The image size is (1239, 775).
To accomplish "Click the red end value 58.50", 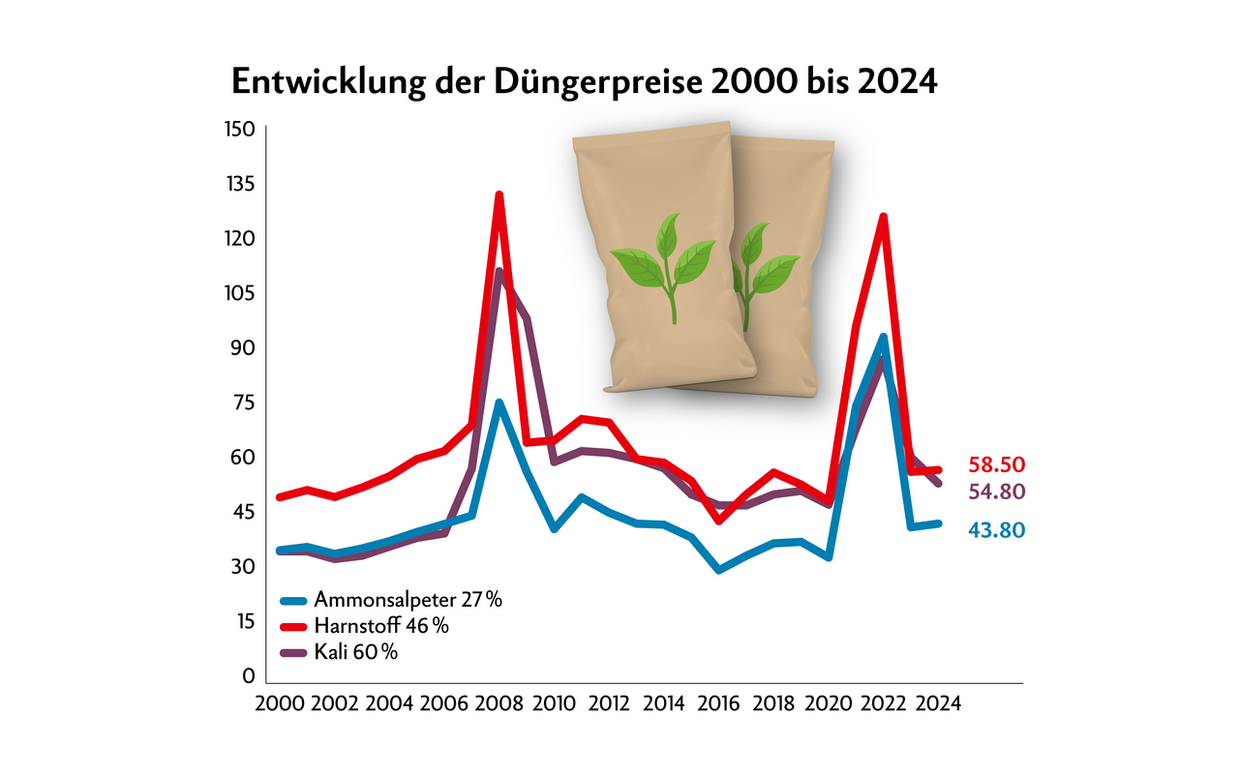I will coord(996,463).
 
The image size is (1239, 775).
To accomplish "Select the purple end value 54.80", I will coord(996,492).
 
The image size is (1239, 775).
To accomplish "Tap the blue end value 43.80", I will coord(996,529).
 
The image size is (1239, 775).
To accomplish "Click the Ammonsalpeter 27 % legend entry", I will coord(408,600).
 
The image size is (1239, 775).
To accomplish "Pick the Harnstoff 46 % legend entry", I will coord(380,626).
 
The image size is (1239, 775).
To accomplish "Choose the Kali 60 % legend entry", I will coord(355,652).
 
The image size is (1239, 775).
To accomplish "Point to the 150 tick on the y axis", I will coord(239,129).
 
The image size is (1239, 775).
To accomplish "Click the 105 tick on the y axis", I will coord(239,292).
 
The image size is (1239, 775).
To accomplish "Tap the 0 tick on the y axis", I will coord(249,674).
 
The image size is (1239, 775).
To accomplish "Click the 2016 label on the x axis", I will coord(718,703).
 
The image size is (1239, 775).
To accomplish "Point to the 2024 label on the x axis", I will coord(938,703).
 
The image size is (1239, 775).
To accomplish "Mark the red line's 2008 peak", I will coord(499,195).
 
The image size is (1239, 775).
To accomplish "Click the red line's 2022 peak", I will coord(883,217).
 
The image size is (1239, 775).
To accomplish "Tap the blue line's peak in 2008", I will coord(499,402).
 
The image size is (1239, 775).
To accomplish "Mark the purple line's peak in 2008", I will coord(499,272).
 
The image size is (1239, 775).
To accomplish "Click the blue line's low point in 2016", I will coord(718,570).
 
